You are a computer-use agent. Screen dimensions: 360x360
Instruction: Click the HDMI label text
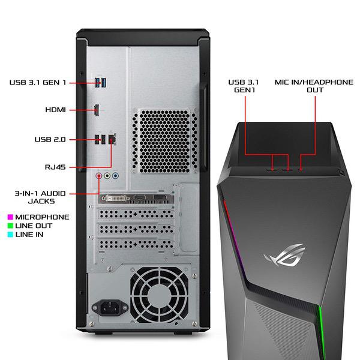click(x=55, y=110)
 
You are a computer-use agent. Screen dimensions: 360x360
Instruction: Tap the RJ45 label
click(x=55, y=167)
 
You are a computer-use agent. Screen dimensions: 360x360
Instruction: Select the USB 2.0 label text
click(x=50, y=139)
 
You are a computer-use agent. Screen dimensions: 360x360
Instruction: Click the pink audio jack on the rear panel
click(x=99, y=176)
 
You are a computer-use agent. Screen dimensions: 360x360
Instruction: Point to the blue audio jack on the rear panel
click(x=115, y=176)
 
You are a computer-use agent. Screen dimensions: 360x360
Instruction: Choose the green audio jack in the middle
click(x=107, y=176)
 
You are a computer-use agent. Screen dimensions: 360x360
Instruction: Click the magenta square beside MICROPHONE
click(x=10, y=217)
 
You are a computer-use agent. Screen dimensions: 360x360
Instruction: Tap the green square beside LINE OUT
click(x=10, y=226)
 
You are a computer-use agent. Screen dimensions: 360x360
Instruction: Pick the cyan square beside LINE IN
click(x=10, y=235)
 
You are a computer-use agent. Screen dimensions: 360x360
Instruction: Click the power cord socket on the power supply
click(x=110, y=307)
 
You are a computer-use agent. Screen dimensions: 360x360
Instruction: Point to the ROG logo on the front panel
click(x=284, y=255)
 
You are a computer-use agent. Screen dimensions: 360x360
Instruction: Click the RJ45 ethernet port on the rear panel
click(x=112, y=139)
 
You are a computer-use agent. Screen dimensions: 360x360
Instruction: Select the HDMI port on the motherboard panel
click(x=97, y=110)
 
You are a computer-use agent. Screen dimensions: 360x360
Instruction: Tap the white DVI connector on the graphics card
click(x=116, y=198)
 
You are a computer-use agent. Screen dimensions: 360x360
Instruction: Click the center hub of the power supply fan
click(x=159, y=296)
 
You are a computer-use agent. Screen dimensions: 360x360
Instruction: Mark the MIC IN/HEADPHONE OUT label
click(x=314, y=86)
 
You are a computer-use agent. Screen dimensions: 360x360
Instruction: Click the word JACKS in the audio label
click(x=41, y=202)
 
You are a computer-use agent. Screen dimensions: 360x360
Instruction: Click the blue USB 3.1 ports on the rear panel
click(x=101, y=82)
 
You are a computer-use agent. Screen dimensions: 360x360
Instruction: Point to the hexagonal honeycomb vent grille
click(x=164, y=141)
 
